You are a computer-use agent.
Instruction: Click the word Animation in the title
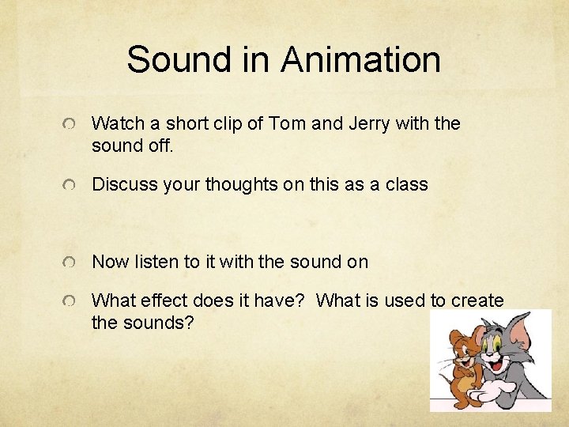(x=360, y=60)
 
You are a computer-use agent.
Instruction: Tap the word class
(x=405, y=184)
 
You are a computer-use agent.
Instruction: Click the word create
(x=477, y=300)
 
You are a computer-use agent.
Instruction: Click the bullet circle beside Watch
(x=71, y=125)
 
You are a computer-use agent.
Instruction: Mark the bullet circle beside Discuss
(x=71, y=186)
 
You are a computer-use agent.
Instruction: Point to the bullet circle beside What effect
(x=71, y=302)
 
